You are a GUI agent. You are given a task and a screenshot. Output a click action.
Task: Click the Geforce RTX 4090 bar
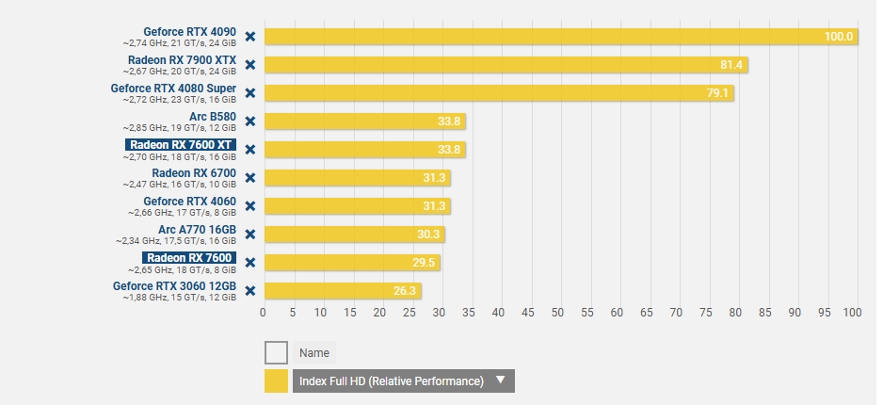555,37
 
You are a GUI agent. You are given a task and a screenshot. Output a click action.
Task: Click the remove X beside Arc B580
249,121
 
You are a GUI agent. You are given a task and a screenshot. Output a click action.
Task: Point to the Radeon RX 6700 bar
358,178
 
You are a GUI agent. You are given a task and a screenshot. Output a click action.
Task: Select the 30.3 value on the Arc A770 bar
429,235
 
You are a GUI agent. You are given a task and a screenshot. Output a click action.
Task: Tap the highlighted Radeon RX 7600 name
188,257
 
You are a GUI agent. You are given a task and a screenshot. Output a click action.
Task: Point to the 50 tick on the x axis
558,313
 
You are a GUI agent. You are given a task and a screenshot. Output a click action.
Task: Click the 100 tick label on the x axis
852,313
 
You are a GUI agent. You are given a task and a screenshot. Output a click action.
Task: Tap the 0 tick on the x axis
264,313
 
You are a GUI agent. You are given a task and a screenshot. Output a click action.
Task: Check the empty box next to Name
276,353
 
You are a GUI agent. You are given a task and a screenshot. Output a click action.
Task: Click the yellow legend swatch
276,381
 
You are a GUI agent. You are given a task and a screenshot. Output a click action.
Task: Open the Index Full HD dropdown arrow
501,381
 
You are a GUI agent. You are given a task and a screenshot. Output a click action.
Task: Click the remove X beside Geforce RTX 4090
249,37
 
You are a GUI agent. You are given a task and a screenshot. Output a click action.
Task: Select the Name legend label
313,353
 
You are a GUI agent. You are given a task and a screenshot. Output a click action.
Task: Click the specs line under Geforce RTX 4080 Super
179,99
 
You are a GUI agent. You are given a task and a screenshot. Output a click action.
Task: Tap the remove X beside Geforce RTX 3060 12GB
249,290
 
